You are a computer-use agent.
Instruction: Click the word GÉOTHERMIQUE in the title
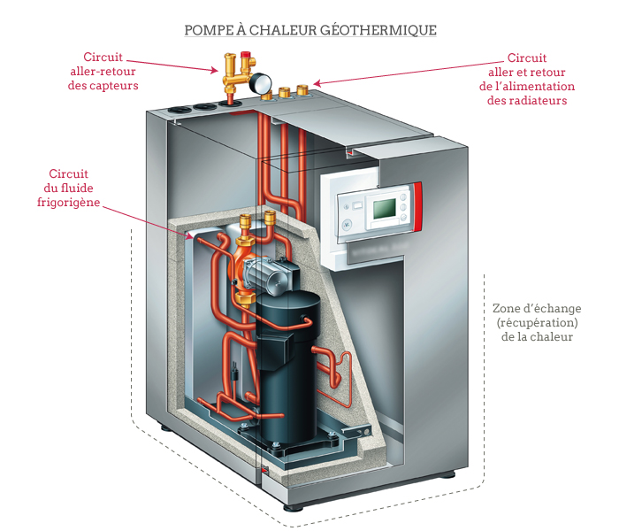point(378,30)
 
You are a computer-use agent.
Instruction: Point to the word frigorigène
point(69,203)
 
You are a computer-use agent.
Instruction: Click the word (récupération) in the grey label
point(537,322)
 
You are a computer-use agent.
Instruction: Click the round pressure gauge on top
point(261,82)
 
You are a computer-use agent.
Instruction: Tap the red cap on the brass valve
point(246,54)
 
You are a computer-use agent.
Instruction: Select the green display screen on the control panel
point(384,209)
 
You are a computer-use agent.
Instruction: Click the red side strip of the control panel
point(417,206)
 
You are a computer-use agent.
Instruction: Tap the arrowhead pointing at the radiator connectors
point(317,83)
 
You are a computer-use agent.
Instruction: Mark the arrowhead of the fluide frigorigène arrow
point(189,236)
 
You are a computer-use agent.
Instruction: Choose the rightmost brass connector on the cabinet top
point(302,90)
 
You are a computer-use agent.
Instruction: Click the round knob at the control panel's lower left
point(347,224)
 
